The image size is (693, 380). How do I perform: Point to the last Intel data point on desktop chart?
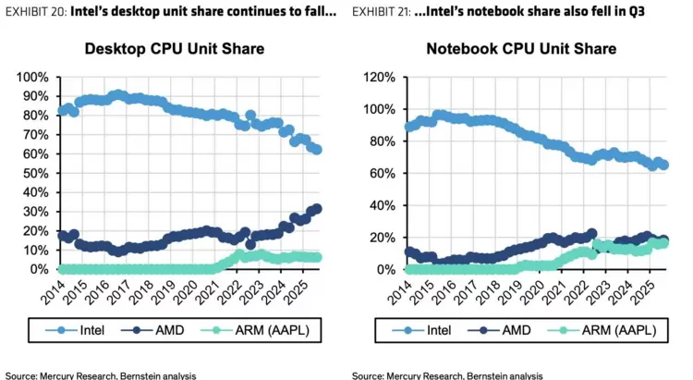(317, 149)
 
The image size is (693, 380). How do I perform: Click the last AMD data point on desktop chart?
(317, 209)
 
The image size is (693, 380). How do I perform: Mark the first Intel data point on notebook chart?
(409, 128)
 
